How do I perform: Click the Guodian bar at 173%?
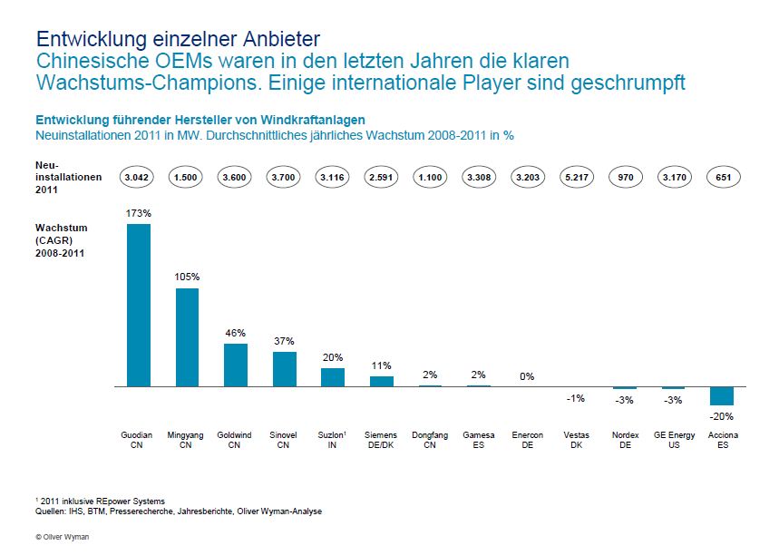coord(138,305)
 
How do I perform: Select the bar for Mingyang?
coord(187,337)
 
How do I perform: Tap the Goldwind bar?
coord(236,365)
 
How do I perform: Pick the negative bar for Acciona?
coord(722,395)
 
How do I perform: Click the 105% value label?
coord(187,277)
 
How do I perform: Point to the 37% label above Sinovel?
coord(285,340)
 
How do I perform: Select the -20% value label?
coord(722,416)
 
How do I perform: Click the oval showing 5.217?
coord(576,179)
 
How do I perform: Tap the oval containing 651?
coord(723,179)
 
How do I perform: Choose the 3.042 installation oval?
coord(139,179)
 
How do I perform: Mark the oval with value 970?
coord(625,179)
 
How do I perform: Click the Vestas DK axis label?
coord(576,440)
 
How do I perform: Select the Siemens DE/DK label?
coord(382,440)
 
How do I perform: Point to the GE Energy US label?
coord(674,440)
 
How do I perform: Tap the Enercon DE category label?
coord(527,440)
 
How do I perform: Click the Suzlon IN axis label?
coord(333,440)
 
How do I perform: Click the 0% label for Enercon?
coord(527,375)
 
